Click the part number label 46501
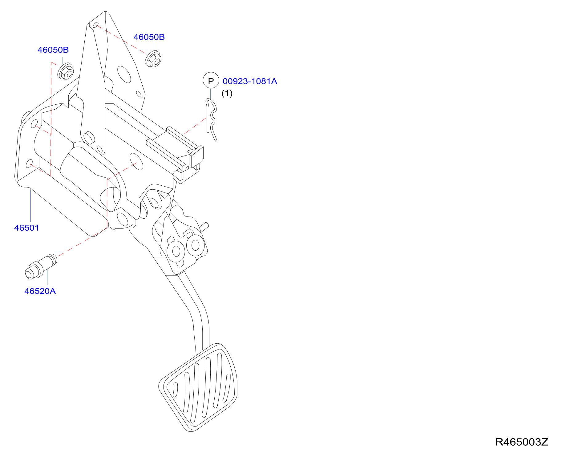[26, 228]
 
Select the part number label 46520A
[40, 291]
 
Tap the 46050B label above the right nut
[149, 37]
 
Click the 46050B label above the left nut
[53, 50]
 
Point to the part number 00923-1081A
[250, 81]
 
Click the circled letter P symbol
[211, 81]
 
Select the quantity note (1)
[227, 93]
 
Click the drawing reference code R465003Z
[522, 442]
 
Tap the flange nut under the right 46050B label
[153, 59]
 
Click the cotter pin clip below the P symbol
[212, 119]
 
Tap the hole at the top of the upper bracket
[95, 25]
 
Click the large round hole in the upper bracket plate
[124, 74]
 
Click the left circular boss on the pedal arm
[176, 251]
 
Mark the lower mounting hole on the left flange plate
[29, 163]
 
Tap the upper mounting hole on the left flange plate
[34, 124]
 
